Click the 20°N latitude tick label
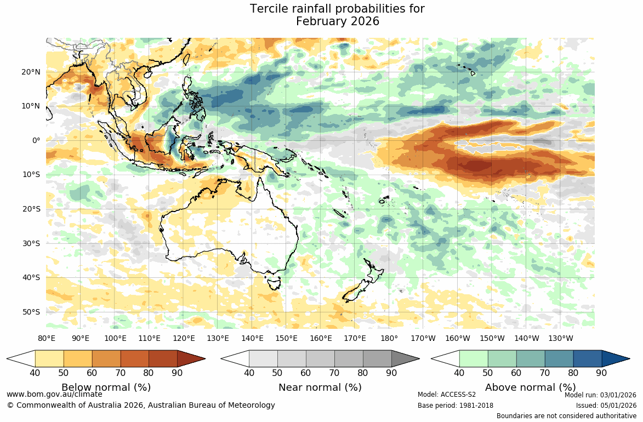tap(31, 72)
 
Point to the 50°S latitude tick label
tap(31, 312)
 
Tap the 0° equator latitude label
tap(36, 140)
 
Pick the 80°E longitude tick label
tap(47, 338)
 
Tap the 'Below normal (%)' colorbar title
tap(106, 387)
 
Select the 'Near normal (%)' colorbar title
tap(320, 387)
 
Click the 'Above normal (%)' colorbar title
tap(530, 387)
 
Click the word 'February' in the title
tap(320, 22)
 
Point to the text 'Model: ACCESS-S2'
tap(446, 395)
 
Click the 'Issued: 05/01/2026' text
tap(606, 406)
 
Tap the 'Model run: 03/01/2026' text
tap(600, 395)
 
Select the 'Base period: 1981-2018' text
tap(455, 406)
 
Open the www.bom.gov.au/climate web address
tap(54, 394)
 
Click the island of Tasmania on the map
tap(272, 283)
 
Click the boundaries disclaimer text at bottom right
tap(566, 416)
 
